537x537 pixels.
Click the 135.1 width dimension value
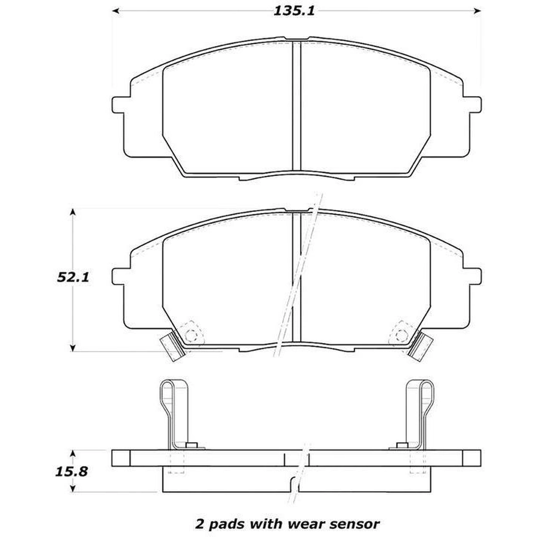(x=294, y=11)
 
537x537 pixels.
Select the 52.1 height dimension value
(x=73, y=277)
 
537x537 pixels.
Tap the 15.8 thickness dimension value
(x=71, y=471)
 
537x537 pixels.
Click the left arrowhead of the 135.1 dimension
(x=116, y=11)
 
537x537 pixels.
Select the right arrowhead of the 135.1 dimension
(x=477, y=11)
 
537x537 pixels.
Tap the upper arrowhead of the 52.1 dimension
(x=72, y=212)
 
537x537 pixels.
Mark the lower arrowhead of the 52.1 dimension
(x=72, y=348)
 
